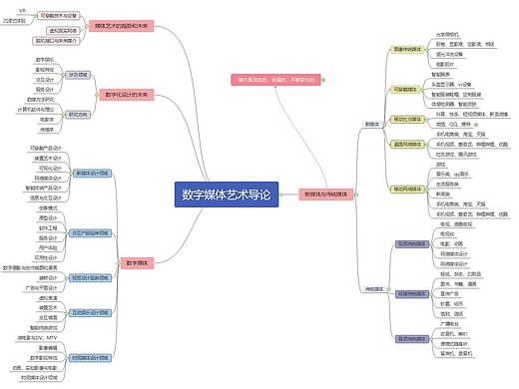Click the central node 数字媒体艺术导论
coord(227,195)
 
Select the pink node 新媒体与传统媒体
coord(326,195)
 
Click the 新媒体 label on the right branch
coord(372,125)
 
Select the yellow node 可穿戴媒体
coord(409,88)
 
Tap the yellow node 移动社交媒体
coord(410,118)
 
